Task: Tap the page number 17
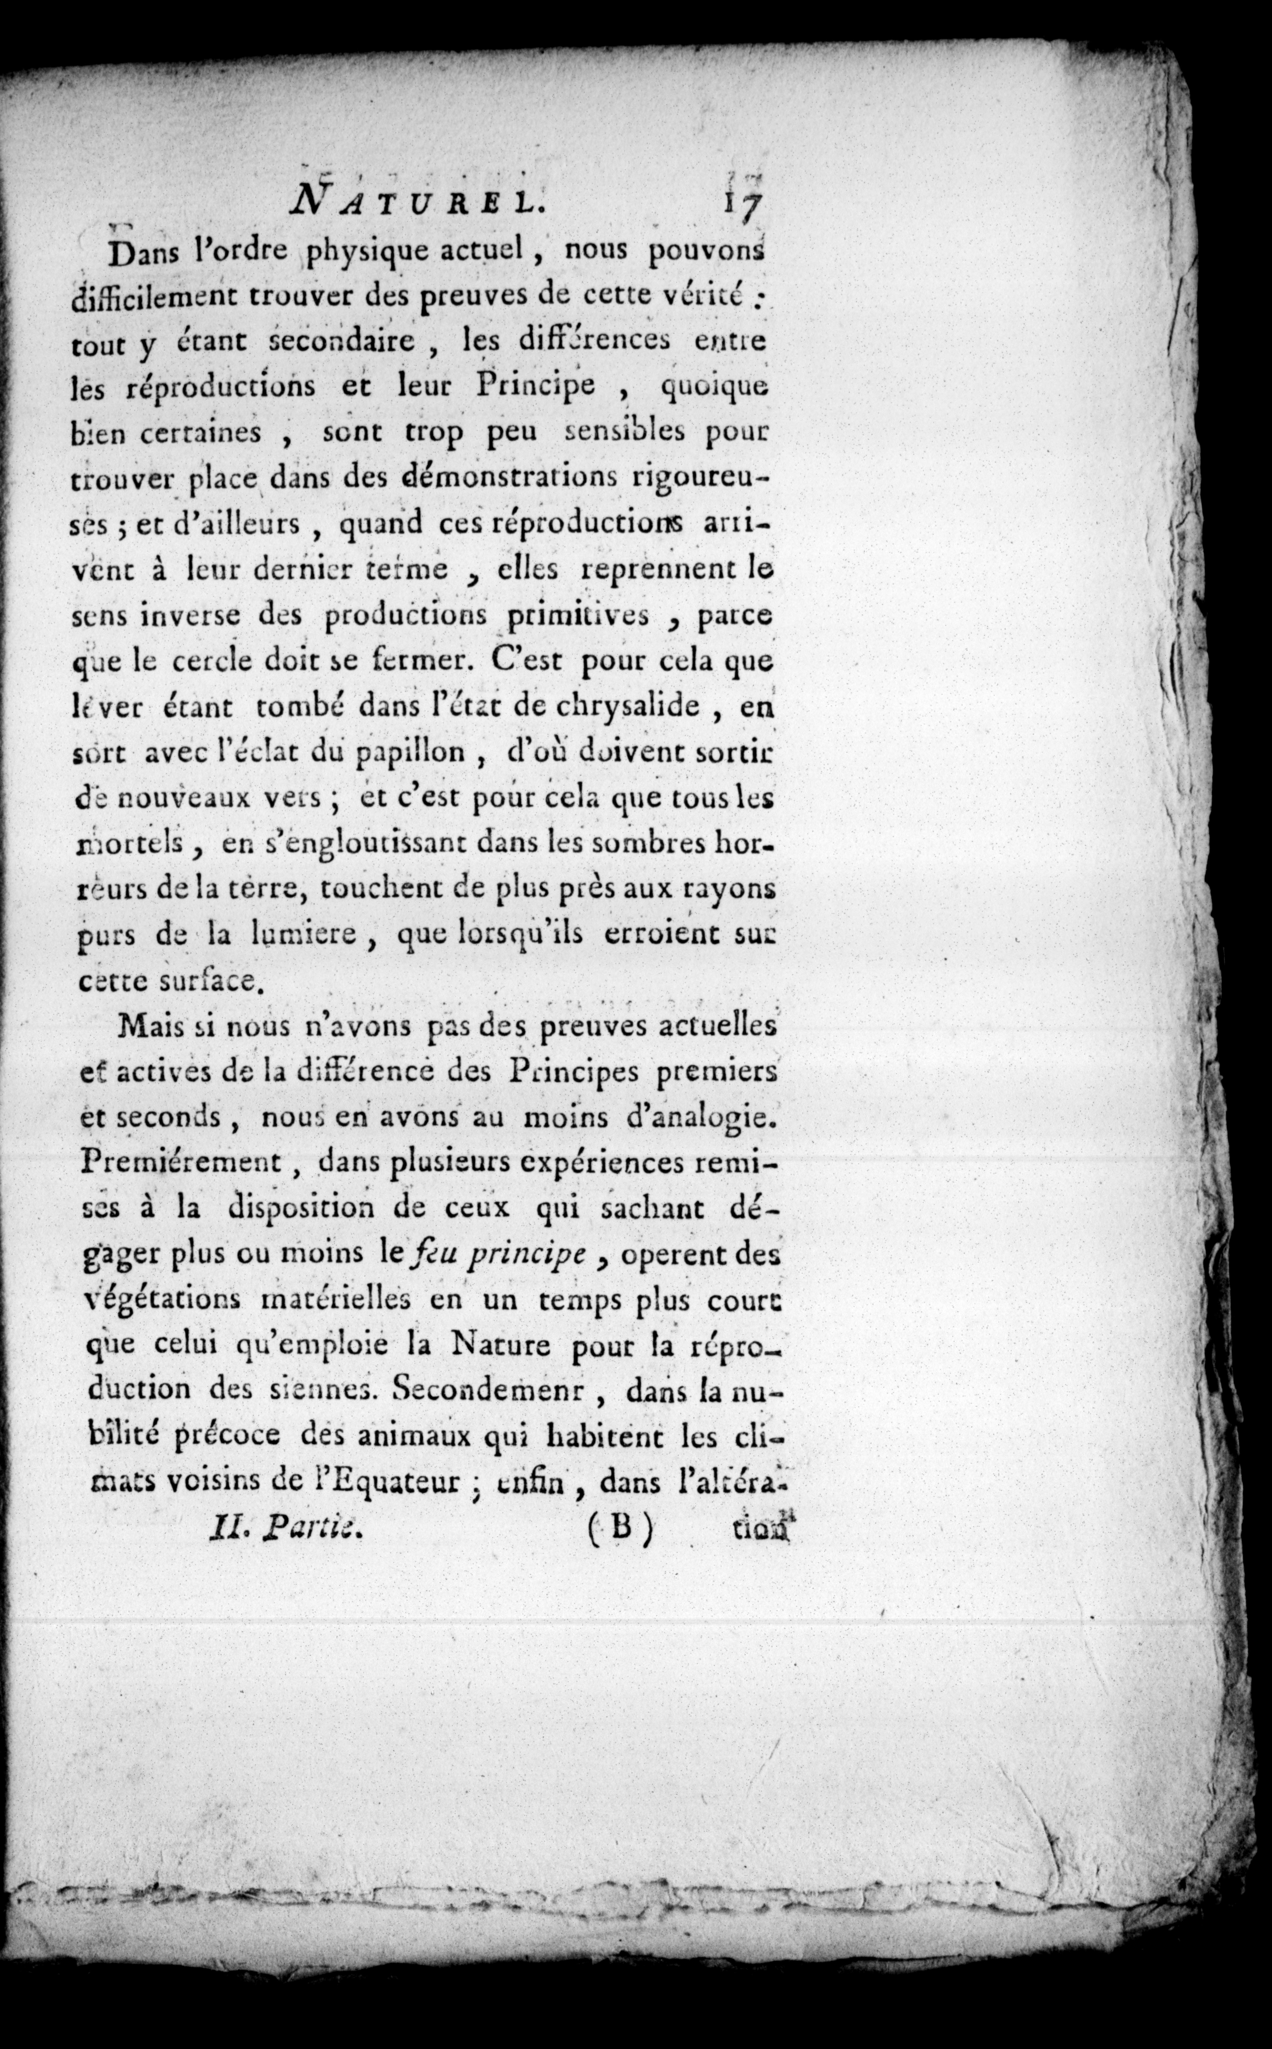(740, 205)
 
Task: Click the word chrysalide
(628, 705)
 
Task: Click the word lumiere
(301, 935)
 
